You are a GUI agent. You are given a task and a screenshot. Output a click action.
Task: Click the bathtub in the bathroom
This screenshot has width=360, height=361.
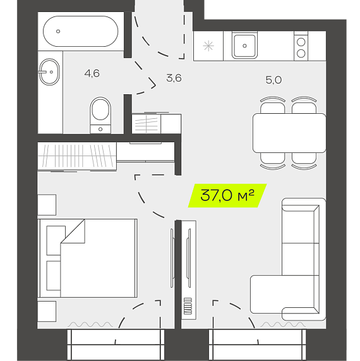tap(80, 32)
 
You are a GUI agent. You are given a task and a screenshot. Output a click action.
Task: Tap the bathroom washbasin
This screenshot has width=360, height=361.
tap(49, 72)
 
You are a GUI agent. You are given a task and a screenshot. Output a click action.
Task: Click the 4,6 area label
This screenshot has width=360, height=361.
tap(92, 73)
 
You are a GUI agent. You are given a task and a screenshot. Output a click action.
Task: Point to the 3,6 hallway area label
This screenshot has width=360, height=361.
tap(174, 78)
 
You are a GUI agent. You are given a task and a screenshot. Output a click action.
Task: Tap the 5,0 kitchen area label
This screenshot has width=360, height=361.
tap(273, 80)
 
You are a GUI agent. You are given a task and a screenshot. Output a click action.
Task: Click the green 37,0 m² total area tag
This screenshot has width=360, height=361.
tap(227, 195)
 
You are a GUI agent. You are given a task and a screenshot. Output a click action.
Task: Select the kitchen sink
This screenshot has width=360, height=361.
tap(244, 46)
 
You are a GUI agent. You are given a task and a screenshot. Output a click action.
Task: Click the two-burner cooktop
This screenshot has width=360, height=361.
tap(301, 47)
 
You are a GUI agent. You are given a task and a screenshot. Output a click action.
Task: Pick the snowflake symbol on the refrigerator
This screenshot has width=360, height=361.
tap(208, 46)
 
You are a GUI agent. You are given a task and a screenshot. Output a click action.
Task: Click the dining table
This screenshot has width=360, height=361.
tap(289, 133)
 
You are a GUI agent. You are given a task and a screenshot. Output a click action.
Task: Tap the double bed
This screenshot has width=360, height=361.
tap(87, 258)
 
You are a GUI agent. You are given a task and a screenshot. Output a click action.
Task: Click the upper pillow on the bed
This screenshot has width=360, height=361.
tap(56, 240)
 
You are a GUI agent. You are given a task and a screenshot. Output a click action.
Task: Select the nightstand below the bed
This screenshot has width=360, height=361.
tap(47, 311)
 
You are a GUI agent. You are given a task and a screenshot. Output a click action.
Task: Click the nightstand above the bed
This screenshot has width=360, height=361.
tap(47, 205)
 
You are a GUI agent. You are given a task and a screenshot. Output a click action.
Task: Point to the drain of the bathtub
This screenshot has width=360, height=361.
tap(58, 32)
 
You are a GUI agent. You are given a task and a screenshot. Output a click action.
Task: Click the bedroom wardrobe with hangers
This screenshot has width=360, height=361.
tap(77, 156)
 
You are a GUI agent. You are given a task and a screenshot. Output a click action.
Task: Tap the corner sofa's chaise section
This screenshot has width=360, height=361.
tap(285, 294)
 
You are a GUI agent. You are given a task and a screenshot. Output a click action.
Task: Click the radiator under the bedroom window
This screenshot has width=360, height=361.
tap(90, 324)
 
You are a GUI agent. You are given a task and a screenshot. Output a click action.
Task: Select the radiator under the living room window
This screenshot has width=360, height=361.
tap(283, 324)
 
